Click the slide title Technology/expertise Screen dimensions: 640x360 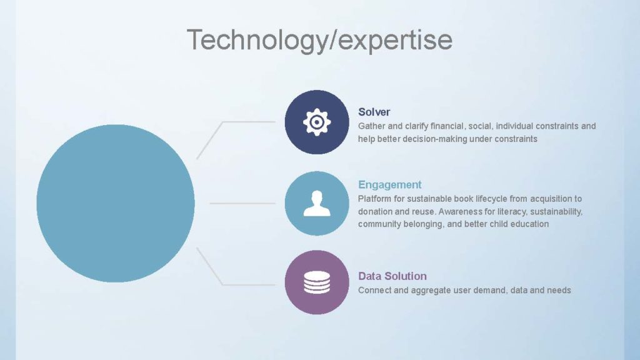tap(319, 40)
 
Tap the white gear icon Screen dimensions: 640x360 tap(317, 122)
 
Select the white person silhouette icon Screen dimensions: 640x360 tap(317, 203)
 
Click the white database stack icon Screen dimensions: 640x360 tap(317, 282)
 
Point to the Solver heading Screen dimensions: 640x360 tap(374, 112)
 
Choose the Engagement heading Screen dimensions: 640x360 tap(390, 184)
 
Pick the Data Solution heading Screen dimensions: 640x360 tap(392, 276)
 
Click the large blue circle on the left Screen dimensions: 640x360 tap(116, 203)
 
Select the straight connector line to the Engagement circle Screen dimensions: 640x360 tap(242, 203)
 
